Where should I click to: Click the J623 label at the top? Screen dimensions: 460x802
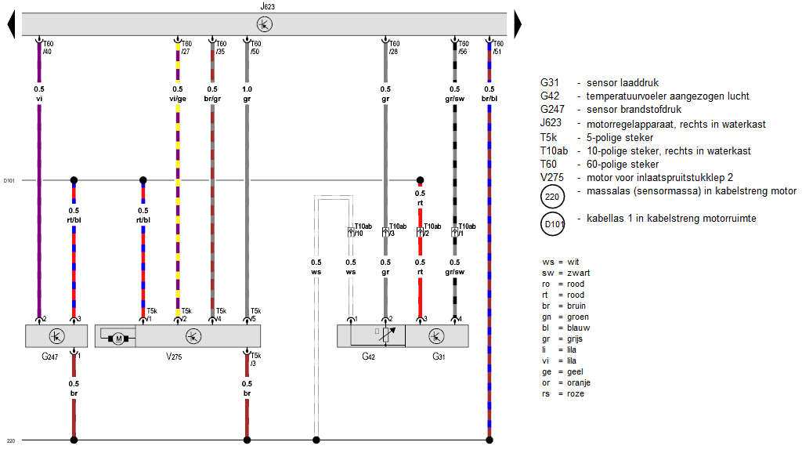tap(267, 5)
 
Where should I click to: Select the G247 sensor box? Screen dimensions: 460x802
tap(56, 336)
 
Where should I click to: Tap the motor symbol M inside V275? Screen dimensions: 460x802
tap(119, 339)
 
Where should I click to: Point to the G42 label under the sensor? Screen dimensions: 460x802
tap(368, 357)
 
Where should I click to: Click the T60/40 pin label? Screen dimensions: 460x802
tap(48, 48)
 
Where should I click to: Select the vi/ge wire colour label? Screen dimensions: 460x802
tap(178, 100)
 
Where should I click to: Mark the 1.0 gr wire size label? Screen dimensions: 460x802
tap(247, 94)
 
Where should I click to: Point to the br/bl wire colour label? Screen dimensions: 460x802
tap(490, 100)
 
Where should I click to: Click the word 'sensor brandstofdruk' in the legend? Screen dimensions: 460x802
tap(627, 110)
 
